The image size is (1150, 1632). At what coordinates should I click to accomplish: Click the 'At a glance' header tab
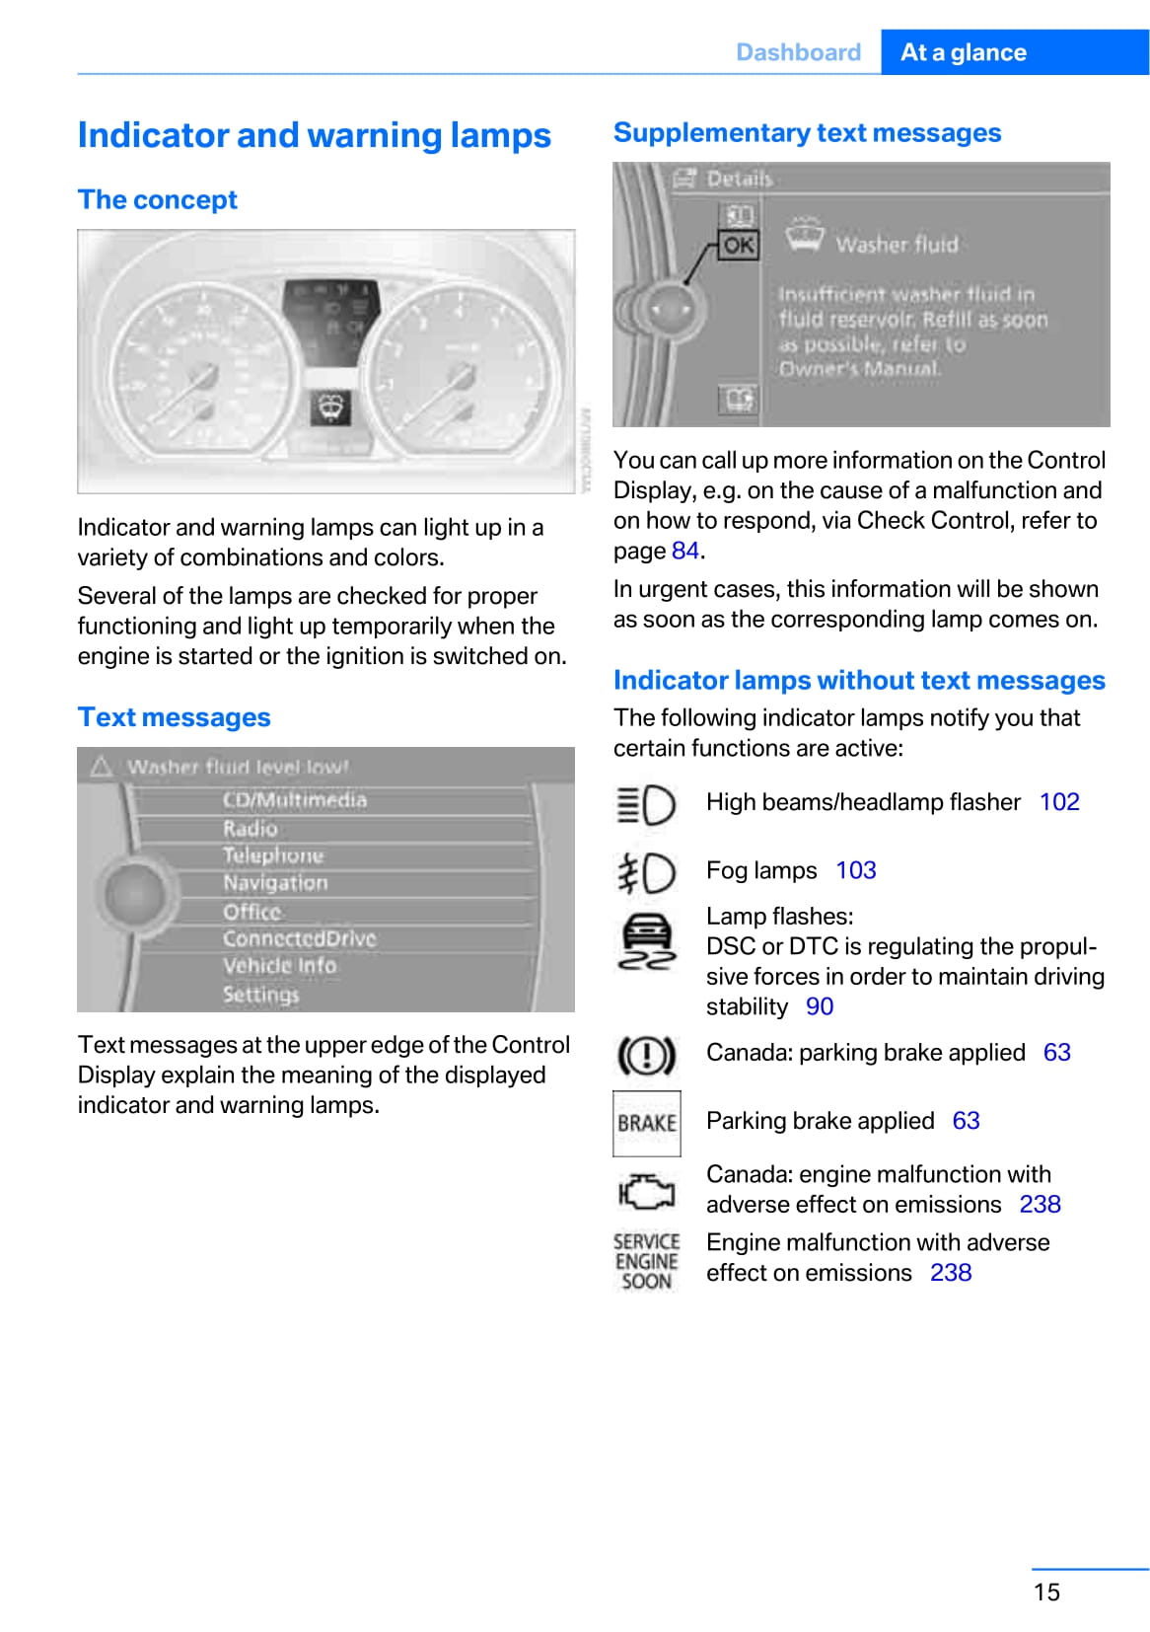click(x=963, y=52)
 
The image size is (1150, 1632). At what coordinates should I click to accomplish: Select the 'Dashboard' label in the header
click(x=798, y=52)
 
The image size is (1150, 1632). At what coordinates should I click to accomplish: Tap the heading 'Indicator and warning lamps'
click(x=314, y=135)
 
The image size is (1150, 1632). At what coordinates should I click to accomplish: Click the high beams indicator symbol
click(x=646, y=805)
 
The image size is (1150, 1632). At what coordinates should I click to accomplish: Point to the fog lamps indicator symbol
click(x=646, y=873)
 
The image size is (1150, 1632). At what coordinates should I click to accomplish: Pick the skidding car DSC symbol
click(x=646, y=942)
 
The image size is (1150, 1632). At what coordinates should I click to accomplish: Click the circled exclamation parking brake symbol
click(x=646, y=1055)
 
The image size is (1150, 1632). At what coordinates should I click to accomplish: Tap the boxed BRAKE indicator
click(x=647, y=1123)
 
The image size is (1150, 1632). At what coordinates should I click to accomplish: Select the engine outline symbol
click(x=646, y=1192)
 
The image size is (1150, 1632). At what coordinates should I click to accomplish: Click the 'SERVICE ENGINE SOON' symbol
click(x=646, y=1261)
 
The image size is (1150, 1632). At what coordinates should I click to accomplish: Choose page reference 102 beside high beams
click(x=1059, y=802)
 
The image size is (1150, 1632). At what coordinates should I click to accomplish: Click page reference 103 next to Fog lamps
click(x=855, y=870)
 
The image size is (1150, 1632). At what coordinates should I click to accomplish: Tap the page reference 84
click(x=685, y=551)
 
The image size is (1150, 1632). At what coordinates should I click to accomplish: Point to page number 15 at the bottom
click(x=1046, y=1592)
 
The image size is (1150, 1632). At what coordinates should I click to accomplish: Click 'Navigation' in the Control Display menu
click(x=275, y=883)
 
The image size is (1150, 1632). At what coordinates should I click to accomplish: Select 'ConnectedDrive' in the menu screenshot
click(x=299, y=938)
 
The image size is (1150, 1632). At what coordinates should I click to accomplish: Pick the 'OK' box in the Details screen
click(x=739, y=245)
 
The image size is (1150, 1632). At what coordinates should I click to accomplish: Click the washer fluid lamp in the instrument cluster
click(x=329, y=407)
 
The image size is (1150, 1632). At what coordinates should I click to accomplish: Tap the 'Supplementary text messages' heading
click(x=807, y=133)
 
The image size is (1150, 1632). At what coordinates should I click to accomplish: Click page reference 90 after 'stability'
click(x=820, y=1006)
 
